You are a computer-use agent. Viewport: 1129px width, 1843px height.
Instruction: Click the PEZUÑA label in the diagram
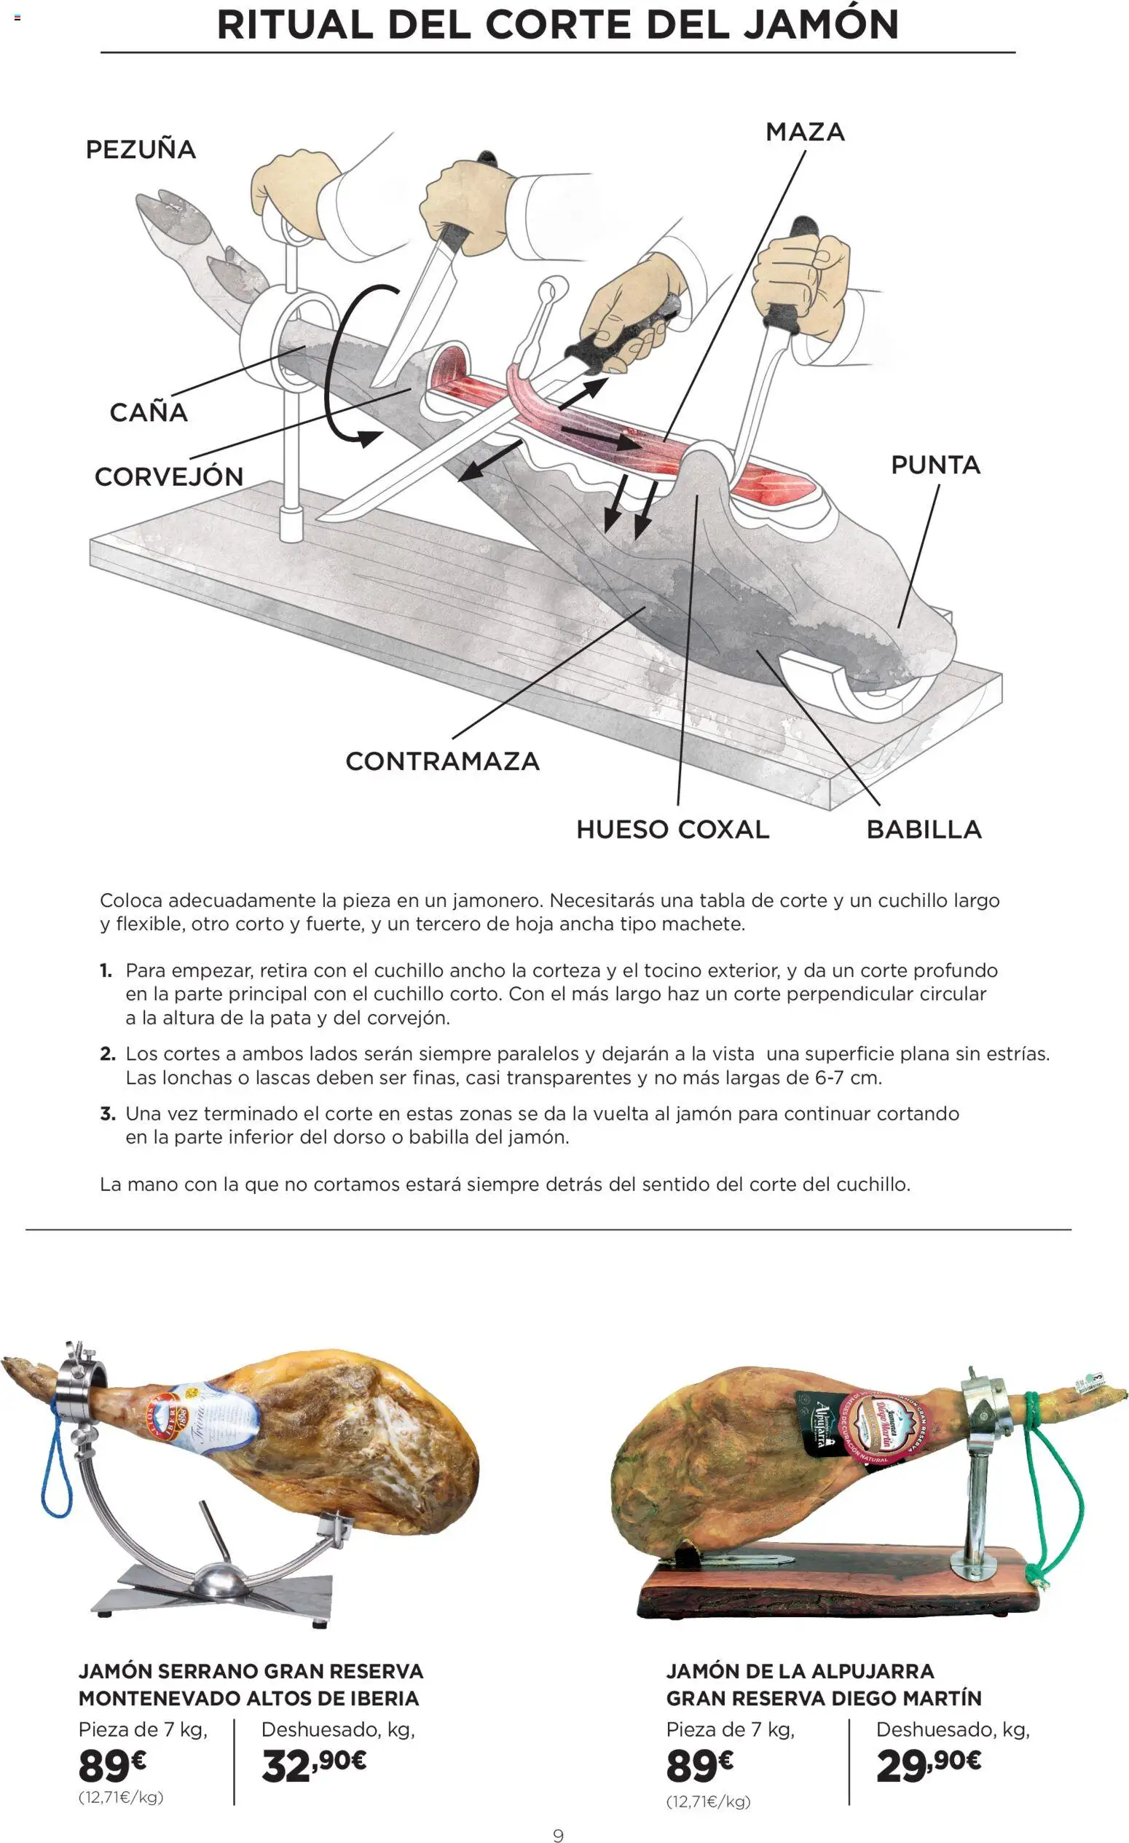click(141, 149)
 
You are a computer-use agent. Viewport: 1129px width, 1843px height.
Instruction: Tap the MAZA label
click(805, 133)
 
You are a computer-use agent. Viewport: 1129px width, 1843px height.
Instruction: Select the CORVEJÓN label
click(169, 476)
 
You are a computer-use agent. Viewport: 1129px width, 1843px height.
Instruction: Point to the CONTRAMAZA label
click(442, 761)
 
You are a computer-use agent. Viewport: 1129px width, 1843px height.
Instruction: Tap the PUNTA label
click(935, 465)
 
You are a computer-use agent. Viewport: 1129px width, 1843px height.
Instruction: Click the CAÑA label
click(148, 412)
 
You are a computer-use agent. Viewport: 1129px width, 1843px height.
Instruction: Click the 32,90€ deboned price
click(314, 1767)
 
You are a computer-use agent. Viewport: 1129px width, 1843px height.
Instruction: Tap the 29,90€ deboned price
click(928, 1767)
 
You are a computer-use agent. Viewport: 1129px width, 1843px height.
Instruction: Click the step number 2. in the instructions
click(108, 1054)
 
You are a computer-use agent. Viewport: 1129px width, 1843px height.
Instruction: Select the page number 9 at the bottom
click(558, 1835)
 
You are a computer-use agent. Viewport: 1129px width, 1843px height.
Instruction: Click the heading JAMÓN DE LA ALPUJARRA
click(799, 1671)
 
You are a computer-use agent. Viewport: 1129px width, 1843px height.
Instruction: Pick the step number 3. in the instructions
click(108, 1114)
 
